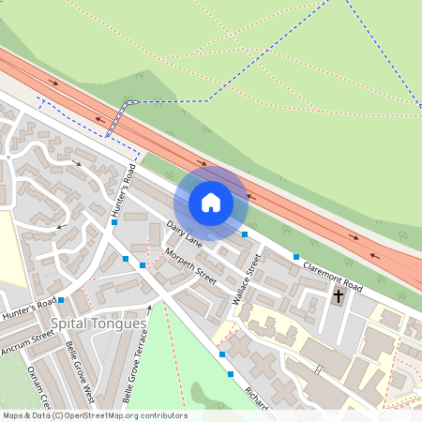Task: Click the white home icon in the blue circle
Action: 211,202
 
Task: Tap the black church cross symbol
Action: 339,296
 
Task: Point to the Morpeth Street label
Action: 190,267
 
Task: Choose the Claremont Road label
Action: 332,276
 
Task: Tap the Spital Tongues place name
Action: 98,324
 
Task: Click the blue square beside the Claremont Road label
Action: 296,256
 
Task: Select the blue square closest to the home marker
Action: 245,234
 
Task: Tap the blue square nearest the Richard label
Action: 231,374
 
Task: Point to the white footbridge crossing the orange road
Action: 118,119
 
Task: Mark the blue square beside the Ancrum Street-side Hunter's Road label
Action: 62,300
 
